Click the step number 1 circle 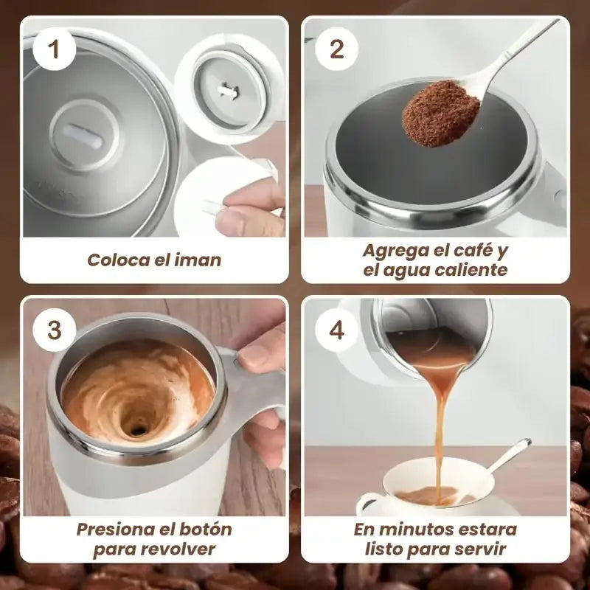click(x=54, y=49)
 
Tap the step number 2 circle click(x=336, y=49)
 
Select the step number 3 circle click(x=54, y=330)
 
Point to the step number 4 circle click(x=336, y=330)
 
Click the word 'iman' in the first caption click(x=199, y=260)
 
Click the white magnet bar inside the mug click(x=85, y=134)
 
